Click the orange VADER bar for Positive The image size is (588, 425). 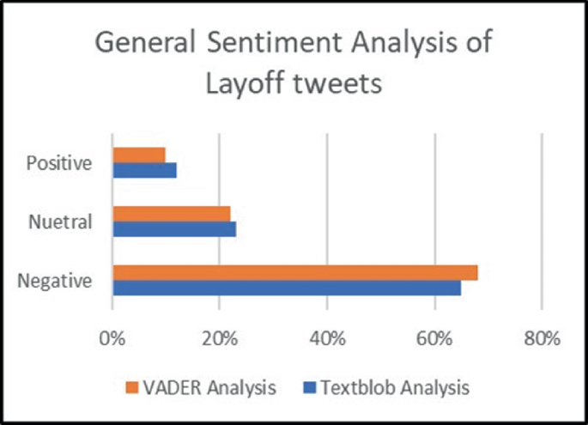tap(139, 155)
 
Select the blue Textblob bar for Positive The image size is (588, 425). tap(144, 170)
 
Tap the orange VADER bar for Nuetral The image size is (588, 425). tap(172, 214)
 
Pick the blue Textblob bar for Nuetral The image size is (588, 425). tap(174, 229)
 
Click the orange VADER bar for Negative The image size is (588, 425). tap(294, 272)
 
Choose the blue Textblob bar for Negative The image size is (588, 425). tap(287, 288)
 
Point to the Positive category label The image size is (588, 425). tap(58, 162)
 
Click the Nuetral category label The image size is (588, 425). tap(60, 222)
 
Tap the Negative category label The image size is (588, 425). tap(57, 280)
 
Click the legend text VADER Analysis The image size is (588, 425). tap(211, 386)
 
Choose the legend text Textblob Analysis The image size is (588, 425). tap(394, 386)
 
